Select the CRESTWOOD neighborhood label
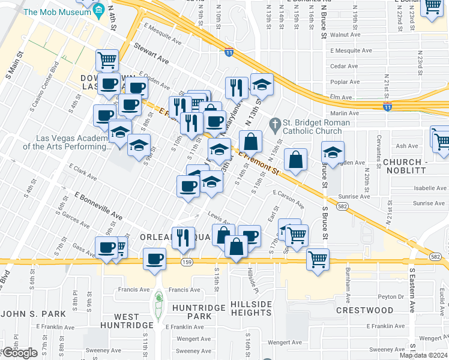coord(364,310)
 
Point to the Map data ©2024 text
coord(423,355)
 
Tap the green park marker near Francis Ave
coord(158,298)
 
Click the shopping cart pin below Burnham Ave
coord(318,260)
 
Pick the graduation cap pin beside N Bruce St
coord(332,152)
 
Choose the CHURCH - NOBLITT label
coord(413,166)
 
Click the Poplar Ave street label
coord(345,82)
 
